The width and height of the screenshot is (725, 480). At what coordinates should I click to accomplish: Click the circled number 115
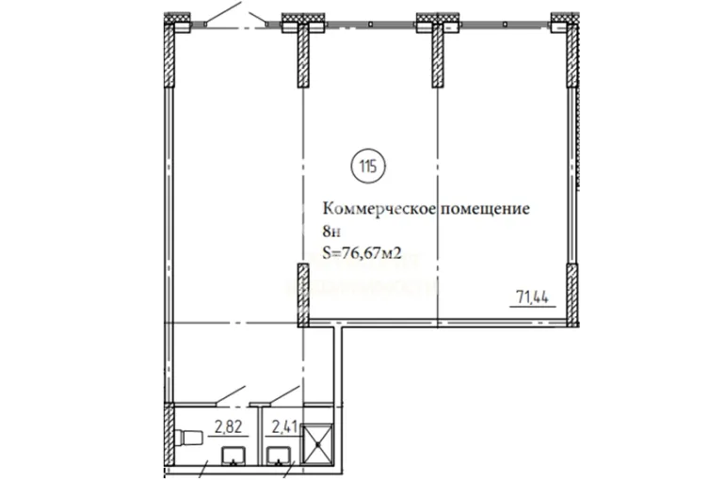368,166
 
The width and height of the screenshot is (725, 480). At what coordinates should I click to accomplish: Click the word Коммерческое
379,209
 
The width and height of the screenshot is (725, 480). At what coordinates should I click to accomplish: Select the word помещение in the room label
485,209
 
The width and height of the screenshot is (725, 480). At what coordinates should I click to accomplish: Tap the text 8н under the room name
331,231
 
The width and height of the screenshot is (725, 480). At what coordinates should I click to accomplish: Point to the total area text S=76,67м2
362,252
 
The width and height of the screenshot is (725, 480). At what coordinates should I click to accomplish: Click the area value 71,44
533,296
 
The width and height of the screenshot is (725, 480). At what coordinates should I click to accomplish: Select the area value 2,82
228,426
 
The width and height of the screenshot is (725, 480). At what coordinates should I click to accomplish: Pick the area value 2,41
284,426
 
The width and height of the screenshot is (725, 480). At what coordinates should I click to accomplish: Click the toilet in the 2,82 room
188,437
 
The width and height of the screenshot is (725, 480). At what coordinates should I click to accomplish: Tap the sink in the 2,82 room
234,456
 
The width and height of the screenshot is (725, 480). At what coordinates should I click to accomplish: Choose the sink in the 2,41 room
279,456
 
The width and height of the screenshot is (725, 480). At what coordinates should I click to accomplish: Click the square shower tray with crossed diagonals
317,444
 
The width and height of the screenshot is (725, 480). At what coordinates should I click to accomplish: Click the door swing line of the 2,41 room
284,394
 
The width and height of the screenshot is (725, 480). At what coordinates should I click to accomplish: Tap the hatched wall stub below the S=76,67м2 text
303,295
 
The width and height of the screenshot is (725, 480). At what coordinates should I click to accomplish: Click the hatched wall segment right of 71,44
572,295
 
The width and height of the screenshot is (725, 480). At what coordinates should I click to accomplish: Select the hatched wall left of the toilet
169,434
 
